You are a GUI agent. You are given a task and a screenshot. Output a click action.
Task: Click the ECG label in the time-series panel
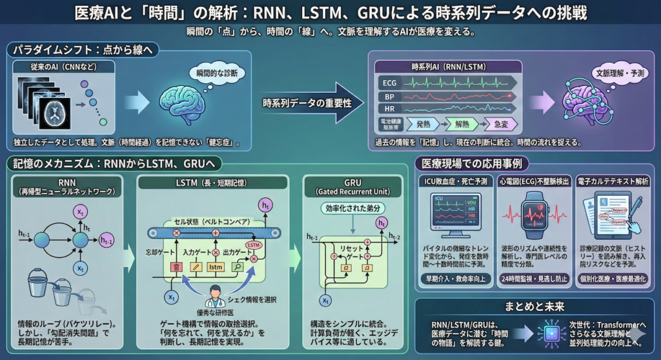(x=390, y=83)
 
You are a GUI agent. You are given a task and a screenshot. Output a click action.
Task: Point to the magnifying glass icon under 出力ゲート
(x=237, y=266)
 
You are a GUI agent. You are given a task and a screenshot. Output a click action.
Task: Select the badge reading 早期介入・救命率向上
(x=454, y=279)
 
